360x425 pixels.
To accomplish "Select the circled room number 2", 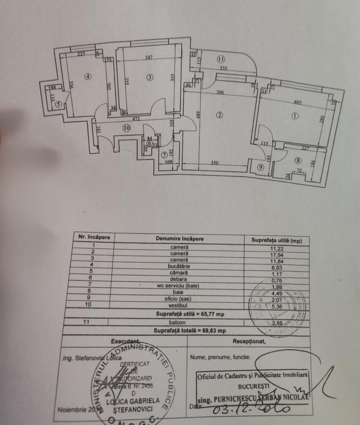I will [220, 115].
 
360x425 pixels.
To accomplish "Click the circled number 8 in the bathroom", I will [298, 160].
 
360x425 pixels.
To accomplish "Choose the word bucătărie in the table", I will [179, 266].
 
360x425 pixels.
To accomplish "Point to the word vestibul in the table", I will [179, 305].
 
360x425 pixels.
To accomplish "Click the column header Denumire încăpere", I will [179, 239].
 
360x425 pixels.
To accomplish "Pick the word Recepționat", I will [249, 341].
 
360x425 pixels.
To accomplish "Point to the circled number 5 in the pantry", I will [58, 104].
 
